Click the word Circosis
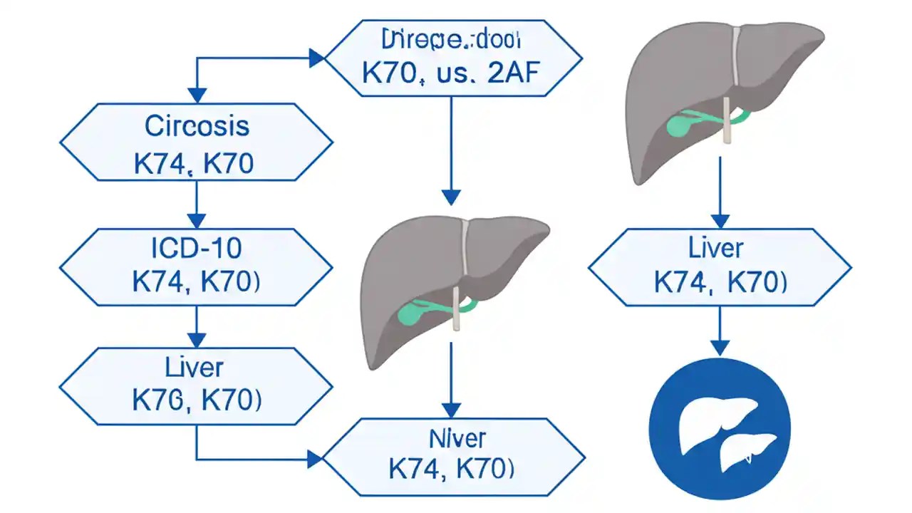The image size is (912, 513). (197, 126)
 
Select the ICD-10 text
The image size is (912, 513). (197, 248)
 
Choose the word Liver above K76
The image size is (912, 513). (194, 368)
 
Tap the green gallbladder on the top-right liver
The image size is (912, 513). (680, 124)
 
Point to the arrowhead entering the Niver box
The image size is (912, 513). (315, 458)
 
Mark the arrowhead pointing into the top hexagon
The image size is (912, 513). (316, 58)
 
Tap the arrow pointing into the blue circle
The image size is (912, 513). (720, 331)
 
